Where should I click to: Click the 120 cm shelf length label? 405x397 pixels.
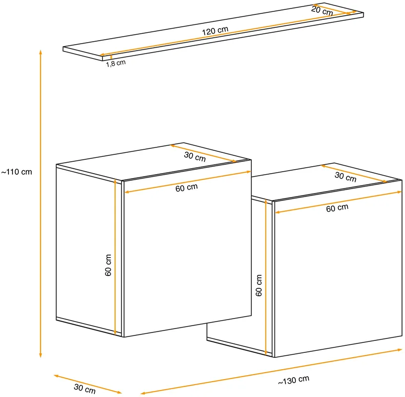coord(215,30)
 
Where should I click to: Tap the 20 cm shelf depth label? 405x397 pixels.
coord(322,11)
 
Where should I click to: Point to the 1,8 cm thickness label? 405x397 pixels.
coord(116,63)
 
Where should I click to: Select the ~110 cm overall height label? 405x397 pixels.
coord(16,172)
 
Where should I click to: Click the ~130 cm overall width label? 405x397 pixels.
coord(293,380)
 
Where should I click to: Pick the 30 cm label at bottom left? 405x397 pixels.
coord(85,389)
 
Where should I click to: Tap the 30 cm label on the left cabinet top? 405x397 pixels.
coord(195,156)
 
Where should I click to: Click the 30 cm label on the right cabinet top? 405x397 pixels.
coord(345,177)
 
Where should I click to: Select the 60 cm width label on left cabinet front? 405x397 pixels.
coord(187,188)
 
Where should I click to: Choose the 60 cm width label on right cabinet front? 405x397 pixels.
coord(337,208)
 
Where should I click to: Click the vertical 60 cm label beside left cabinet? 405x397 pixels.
coord(108,265)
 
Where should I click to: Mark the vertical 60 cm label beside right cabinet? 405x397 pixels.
coord(259,285)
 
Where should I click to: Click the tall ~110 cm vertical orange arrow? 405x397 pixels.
coord(40,203)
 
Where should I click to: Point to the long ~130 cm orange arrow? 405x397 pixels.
coord(271,372)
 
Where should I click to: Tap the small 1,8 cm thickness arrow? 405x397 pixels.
coord(111,57)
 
